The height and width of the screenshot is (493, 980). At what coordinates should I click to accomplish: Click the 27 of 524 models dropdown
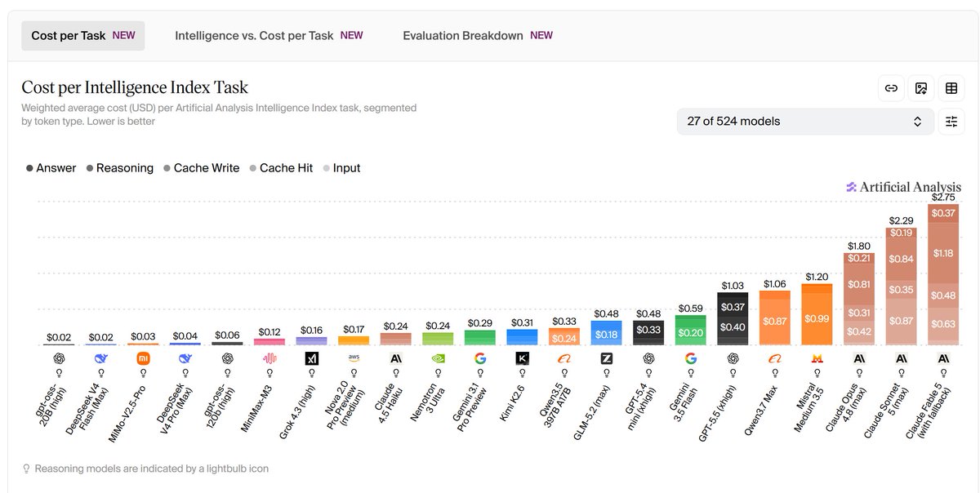(x=805, y=121)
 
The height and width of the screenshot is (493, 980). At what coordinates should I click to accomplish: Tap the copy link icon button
(x=891, y=88)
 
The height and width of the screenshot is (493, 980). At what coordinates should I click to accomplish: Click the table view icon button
(x=951, y=88)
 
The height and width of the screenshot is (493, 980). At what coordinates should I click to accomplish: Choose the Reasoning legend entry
(x=120, y=168)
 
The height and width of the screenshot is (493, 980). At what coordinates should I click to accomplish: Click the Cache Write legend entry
(x=202, y=168)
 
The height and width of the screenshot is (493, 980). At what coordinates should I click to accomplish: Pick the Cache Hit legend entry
(x=281, y=168)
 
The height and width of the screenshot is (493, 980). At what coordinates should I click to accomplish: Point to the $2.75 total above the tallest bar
(x=943, y=198)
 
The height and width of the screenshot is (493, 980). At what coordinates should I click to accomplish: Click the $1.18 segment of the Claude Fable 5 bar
(x=943, y=253)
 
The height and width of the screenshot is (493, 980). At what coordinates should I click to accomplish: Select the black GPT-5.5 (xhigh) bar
(x=733, y=318)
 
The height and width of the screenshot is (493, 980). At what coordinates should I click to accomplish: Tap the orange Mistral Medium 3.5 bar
(x=817, y=314)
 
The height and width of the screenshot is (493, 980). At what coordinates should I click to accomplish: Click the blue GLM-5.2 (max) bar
(x=606, y=333)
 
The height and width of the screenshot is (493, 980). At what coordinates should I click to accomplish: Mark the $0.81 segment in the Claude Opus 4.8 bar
(x=859, y=284)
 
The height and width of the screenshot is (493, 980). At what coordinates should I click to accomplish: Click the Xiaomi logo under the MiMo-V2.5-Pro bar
(x=143, y=358)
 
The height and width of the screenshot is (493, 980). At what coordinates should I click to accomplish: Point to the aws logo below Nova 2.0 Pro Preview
(x=354, y=358)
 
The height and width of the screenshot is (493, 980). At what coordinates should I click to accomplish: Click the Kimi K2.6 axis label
(x=512, y=403)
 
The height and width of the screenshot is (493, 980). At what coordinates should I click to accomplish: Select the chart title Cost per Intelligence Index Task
(x=135, y=87)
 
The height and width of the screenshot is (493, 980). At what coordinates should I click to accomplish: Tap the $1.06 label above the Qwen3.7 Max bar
(x=775, y=284)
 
